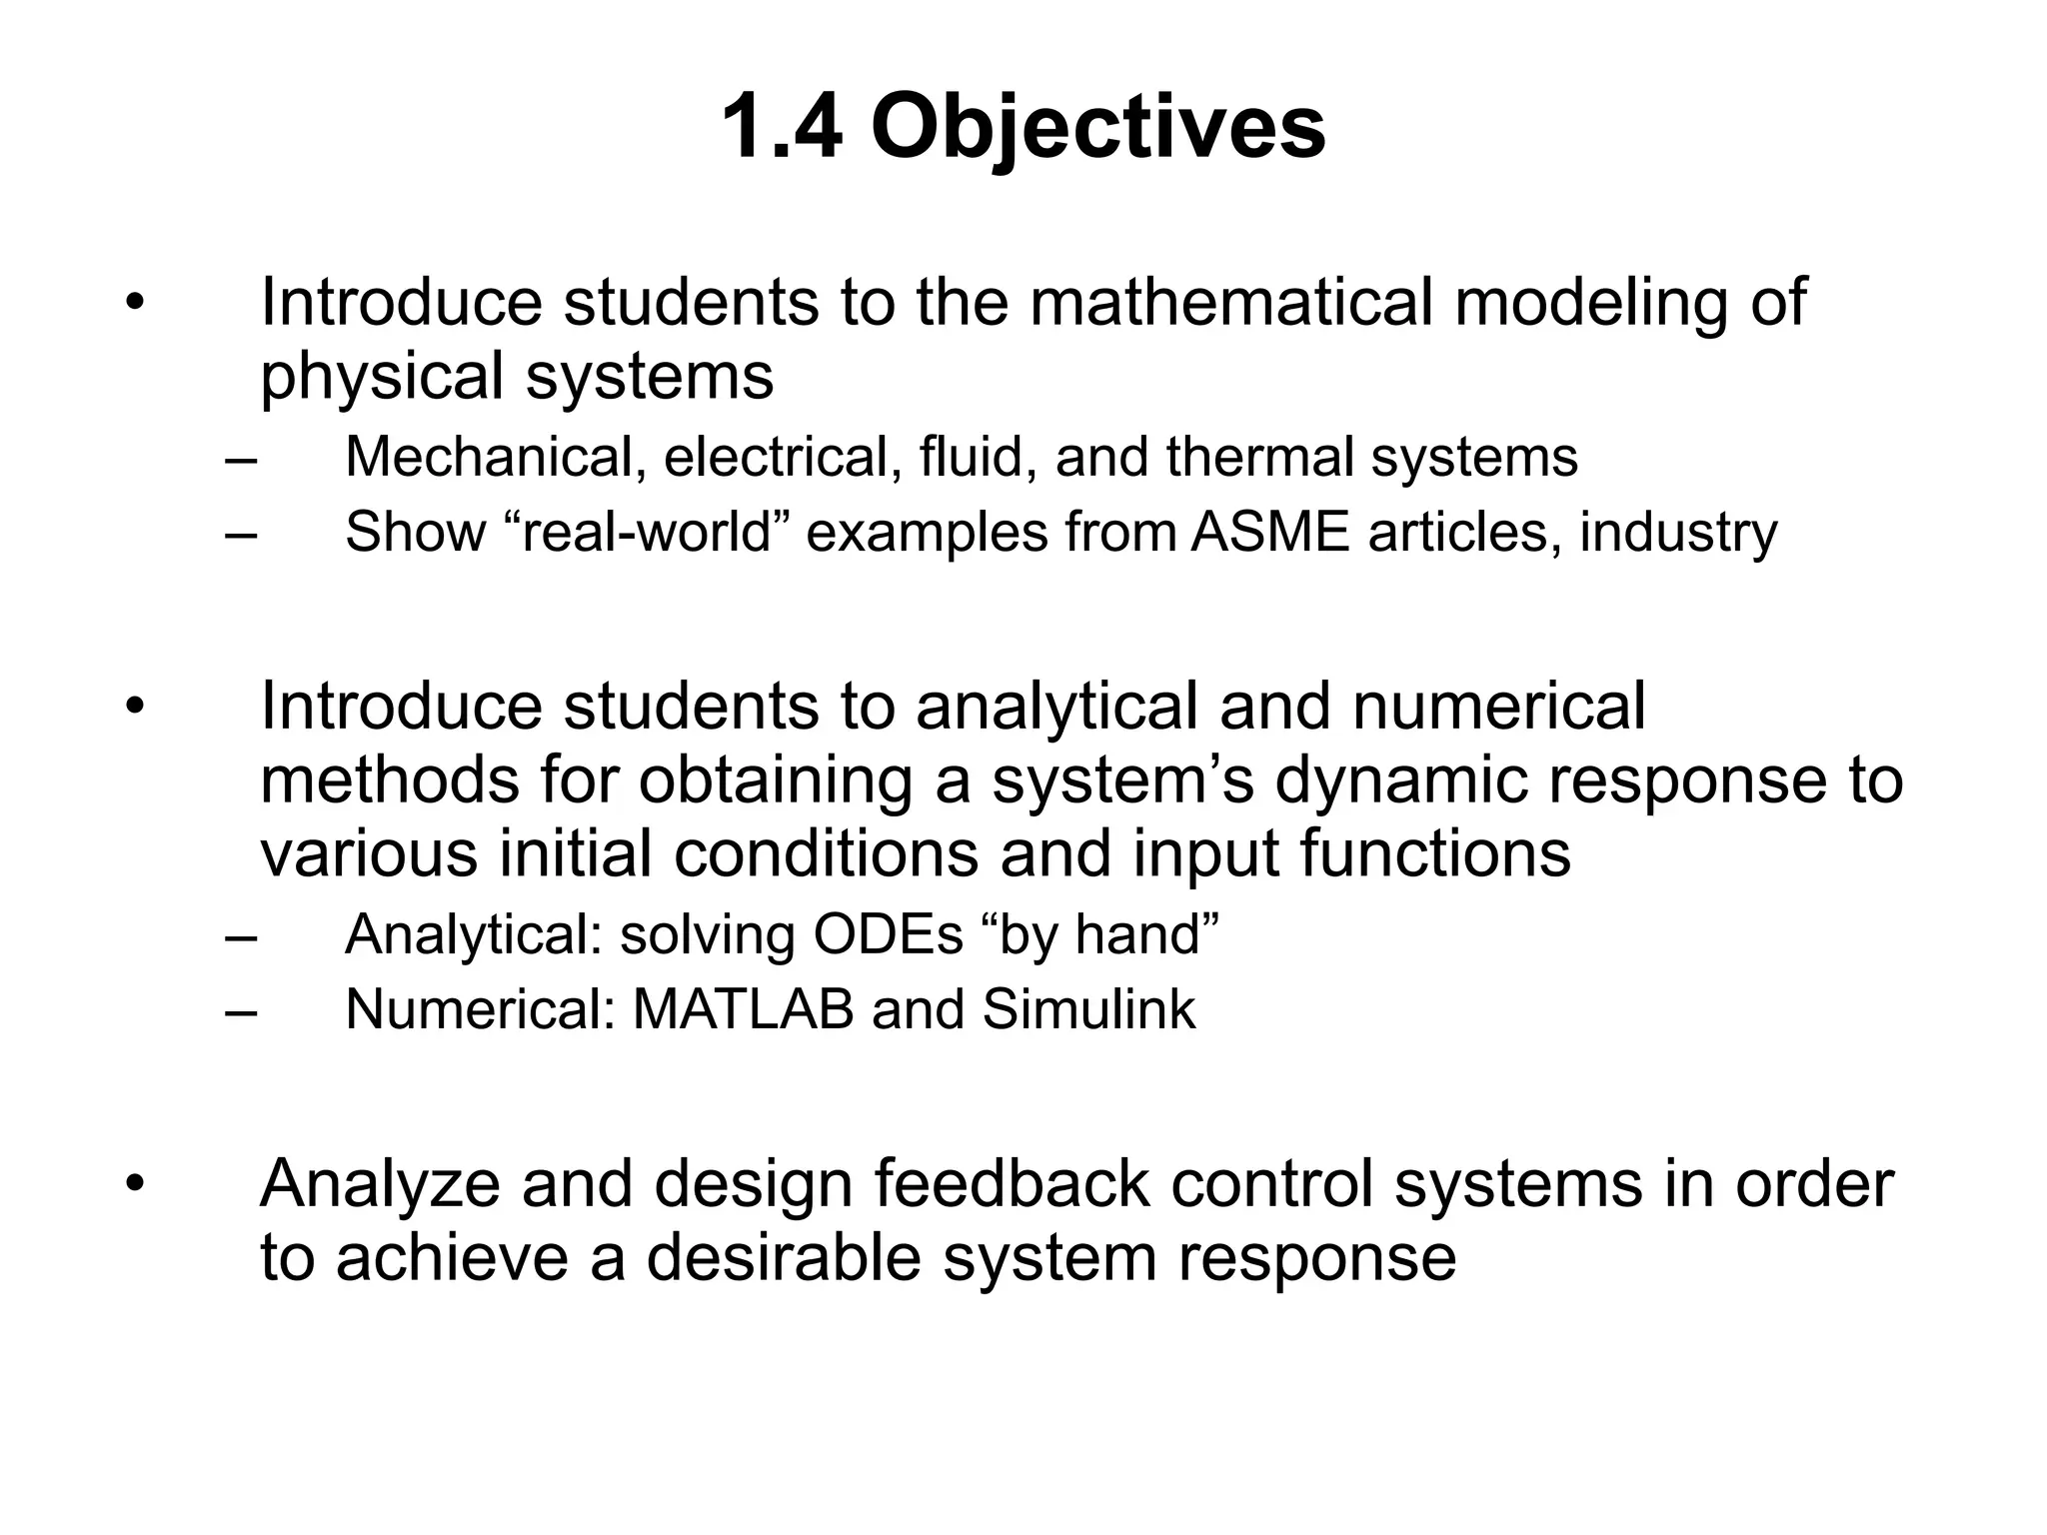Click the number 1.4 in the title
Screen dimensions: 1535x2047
click(x=781, y=128)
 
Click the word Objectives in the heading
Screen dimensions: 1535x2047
click(x=1097, y=128)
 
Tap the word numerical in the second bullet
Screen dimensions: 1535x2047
click(x=1498, y=706)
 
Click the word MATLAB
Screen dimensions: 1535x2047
click(x=744, y=1009)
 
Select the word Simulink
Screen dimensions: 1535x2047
click(x=1088, y=1009)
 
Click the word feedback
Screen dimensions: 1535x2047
click(x=1012, y=1183)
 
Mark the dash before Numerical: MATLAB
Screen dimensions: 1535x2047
click(x=241, y=1011)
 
